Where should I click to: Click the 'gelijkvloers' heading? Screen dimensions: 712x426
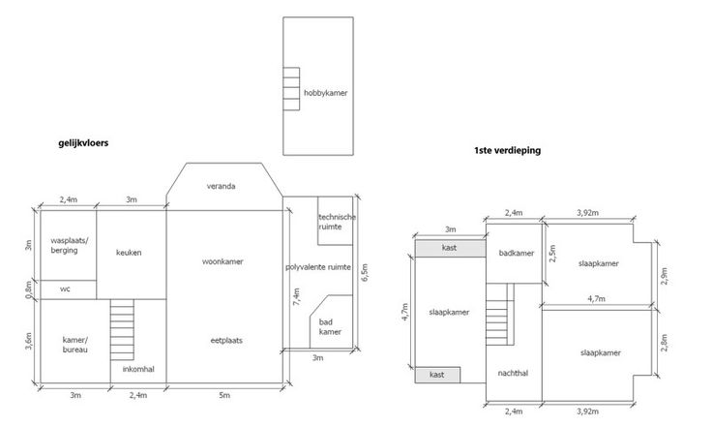click(83, 143)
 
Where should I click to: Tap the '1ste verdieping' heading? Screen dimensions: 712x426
click(507, 150)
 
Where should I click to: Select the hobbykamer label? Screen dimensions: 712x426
click(326, 93)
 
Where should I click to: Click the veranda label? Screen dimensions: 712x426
click(222, 186)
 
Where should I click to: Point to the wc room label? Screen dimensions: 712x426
click(65, 289)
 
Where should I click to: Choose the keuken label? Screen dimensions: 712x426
click(129, 253)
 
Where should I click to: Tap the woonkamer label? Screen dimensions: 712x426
click(222, 261)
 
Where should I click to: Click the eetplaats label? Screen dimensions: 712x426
click(226, 341)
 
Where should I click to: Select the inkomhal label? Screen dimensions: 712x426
click(138, 369)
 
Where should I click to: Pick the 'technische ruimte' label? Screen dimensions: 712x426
click(337, 222)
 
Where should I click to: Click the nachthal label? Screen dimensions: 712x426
click(513, 374)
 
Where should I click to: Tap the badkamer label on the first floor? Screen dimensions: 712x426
click(517, 254)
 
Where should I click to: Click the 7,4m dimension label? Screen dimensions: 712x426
click(297, 296)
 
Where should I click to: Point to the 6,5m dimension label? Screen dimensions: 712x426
click(365, 272)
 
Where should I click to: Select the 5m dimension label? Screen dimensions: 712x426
click(224, 396)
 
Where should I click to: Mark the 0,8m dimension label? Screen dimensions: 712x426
click(29, 289)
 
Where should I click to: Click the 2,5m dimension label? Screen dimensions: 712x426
click(552, 254)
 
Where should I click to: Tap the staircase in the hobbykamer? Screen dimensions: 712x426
click(291, 89)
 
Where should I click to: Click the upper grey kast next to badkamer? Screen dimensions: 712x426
click(451, 248)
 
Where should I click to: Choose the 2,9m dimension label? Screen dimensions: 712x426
click(665, 276)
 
